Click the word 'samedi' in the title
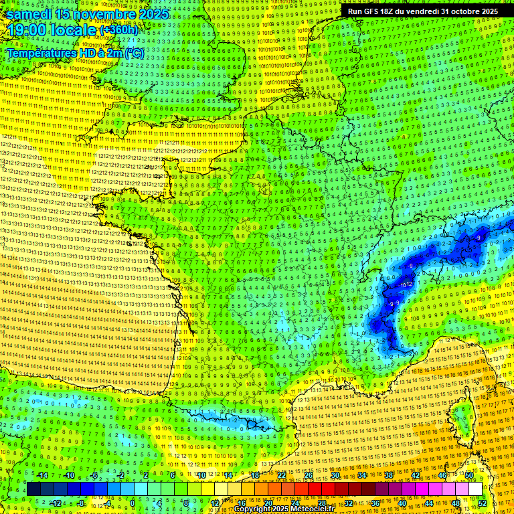29,14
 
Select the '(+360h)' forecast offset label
118,30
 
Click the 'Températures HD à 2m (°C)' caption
76,52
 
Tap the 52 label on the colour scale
483,503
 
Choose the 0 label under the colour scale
133,503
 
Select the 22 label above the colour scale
282,475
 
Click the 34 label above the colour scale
362,475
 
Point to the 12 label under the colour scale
215,503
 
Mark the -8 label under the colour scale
80,503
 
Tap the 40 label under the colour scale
402,503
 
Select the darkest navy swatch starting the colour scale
33,489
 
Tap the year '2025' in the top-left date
155,14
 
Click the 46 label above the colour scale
442,475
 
